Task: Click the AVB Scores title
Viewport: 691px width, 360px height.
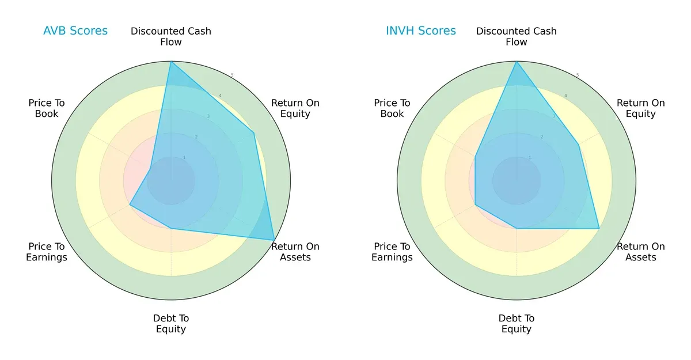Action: click(75, 31)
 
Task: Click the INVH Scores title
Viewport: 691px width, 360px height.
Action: click(421, 31)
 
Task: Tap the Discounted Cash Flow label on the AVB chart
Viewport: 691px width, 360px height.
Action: click(171, 36)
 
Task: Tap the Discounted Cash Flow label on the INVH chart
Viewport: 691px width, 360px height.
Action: click(517, 36)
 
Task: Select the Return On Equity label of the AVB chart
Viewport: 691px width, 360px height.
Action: click(295, 108)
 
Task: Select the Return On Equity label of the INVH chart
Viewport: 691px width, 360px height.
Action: click(641, 108)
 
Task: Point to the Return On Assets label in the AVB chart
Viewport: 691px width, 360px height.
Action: click(295, 252)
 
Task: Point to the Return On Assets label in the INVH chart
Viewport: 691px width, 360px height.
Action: click(641, 252)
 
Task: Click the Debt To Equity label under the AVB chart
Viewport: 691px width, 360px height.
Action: click(171, 324)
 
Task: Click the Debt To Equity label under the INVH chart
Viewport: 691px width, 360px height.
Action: click(517, 324)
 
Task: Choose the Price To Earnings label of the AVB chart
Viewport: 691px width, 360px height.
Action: click(47, 252)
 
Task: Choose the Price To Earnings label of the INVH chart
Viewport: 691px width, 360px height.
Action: click(392, 252)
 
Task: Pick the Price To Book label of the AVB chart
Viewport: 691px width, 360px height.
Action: click(47, 108)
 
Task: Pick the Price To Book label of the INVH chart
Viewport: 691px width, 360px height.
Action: click(392, 108)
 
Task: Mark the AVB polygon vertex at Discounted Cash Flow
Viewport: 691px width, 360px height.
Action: click(171, 62)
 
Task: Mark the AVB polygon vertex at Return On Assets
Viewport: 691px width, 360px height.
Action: click(274, 240)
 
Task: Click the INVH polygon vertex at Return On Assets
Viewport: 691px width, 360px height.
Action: click(599, 228)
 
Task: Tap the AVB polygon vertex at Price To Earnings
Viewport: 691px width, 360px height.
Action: click(130, 204)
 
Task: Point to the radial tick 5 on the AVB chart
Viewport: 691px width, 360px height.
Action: click(232, 75)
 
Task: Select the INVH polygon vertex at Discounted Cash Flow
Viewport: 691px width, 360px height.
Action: click(517, 62)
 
